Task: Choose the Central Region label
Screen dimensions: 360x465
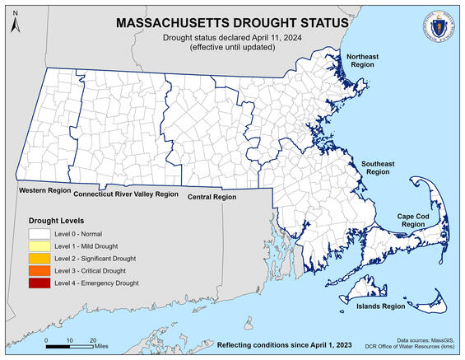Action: (212, 198)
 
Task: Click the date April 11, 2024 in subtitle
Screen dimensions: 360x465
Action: (256, 39)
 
